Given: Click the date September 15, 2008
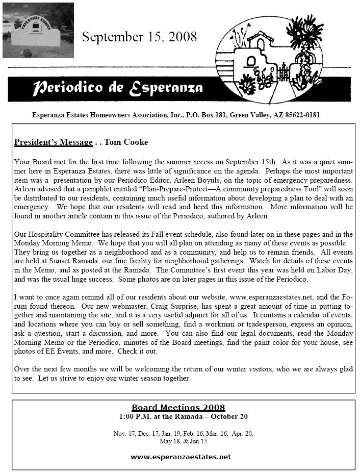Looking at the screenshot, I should click(139, 36).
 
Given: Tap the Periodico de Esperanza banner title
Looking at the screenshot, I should click(118, 88).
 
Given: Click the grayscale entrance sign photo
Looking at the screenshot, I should click(38, 31).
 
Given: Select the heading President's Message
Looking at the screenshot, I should click(54, 142).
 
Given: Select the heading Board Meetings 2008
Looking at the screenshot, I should click(178, 407).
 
